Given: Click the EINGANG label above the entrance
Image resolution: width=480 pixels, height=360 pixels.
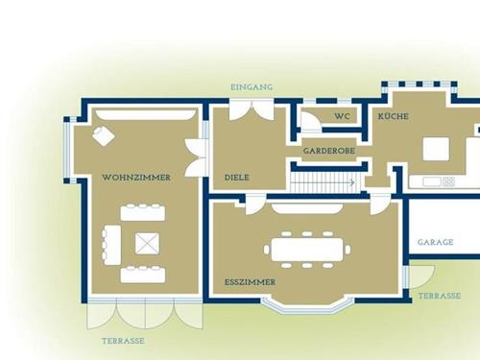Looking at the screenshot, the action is tap(252, 87).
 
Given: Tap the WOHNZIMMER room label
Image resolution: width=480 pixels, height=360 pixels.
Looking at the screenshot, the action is tap(136, 178).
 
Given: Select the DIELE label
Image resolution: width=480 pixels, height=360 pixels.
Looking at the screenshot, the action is tap(237, 178).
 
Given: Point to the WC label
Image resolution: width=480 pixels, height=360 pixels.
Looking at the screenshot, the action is tap(343, 116).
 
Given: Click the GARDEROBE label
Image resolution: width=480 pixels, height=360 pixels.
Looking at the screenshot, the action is tap(329, 151).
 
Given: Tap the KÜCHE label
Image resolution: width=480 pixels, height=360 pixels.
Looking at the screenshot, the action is tap(394, 116).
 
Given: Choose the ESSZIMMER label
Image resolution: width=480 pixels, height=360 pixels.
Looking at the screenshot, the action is tap(250, 282).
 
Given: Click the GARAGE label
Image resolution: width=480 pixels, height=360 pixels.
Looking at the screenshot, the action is tap(436, 242).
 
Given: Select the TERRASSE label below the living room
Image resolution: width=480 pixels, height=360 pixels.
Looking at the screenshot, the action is tap(123, 341).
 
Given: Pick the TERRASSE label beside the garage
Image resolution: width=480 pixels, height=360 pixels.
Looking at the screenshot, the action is tap(440, 296).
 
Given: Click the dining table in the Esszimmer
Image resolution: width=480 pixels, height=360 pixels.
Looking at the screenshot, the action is tap(307, 250).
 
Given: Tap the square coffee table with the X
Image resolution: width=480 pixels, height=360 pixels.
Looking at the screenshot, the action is tap(147, 244).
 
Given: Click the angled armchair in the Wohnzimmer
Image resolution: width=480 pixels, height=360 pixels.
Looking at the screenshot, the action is tap(104, 135).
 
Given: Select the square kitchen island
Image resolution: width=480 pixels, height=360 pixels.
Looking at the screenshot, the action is tap(436, 149).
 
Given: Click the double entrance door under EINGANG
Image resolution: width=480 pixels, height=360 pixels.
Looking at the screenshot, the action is tap(252, 110).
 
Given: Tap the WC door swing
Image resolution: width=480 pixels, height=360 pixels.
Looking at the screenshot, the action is tap(309, 122).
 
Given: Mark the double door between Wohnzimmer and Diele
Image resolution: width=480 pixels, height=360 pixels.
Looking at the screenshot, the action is tap(197, 157).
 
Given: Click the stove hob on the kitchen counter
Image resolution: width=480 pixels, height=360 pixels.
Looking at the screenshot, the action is tap(448, 181).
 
